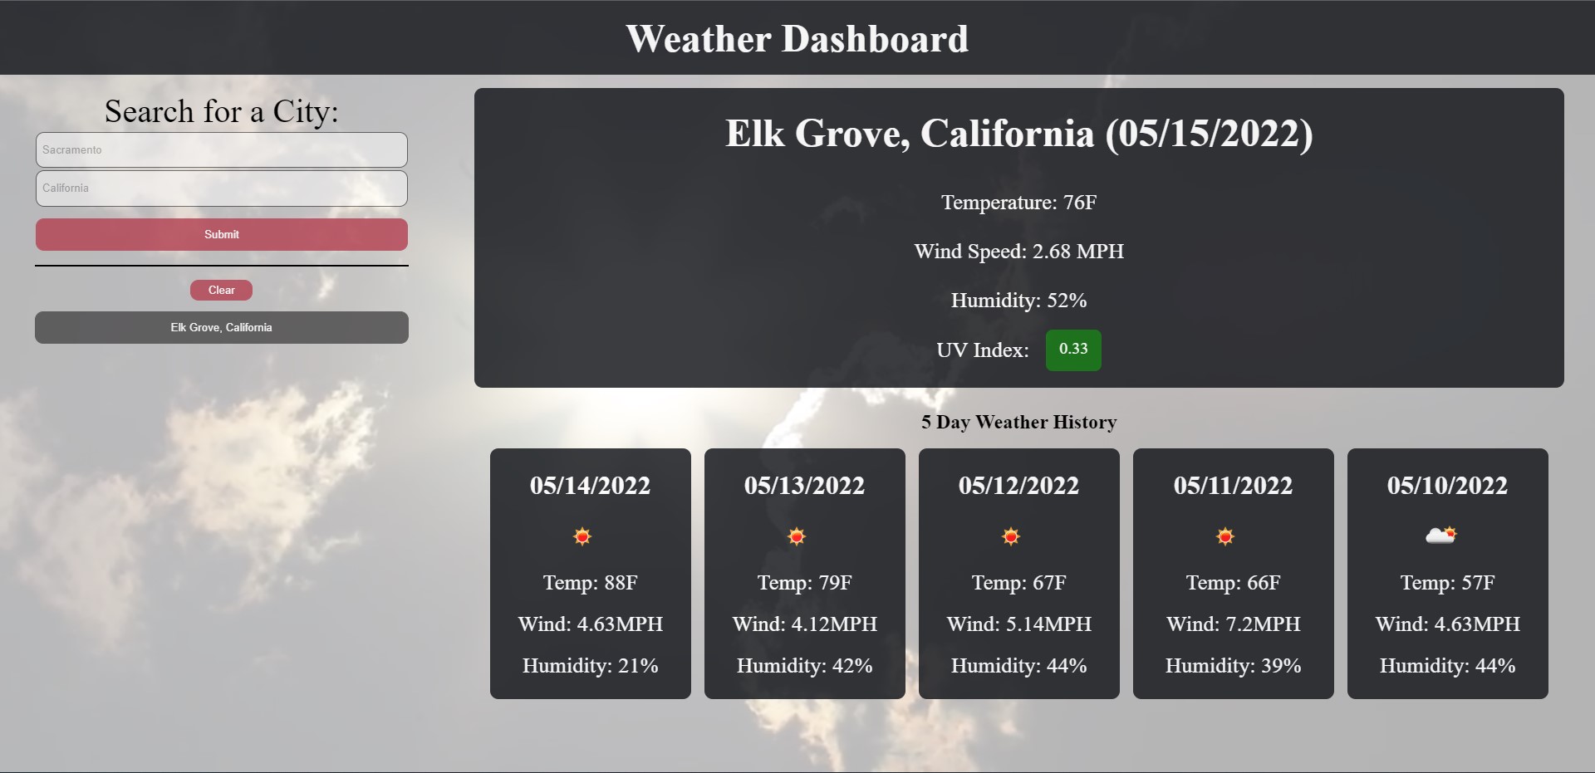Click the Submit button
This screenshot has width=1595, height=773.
pyautogui.click(x=221, y=234)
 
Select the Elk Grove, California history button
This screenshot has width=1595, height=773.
pyautogui.click(x=221, y=327)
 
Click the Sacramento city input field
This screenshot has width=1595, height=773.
pyautogui.click(x=221, y=150)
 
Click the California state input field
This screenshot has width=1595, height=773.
pyautogui.click(x=221, y=188)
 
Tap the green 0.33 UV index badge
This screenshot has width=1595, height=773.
pyautogui.click(x=1072, y=350)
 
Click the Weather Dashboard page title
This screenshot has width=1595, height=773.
pyautogui.click(x=797, y=39)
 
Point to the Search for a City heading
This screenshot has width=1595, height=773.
pyautogui.click(x=221, y=111)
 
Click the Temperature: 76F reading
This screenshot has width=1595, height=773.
pyautogui.click(x=1018, y=203)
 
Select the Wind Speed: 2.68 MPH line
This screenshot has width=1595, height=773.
pyautogui.click(x=1018, y=252)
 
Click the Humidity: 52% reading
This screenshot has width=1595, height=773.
pyautogui.click(x=1018, y=301)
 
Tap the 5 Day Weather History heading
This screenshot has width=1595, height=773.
pyautogui.click(x=1018, y=422)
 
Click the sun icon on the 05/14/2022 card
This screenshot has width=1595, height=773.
pyautogui.click(x=582, y=536)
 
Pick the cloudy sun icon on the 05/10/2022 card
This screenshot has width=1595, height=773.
pyautogui.click(x=1440, y=536)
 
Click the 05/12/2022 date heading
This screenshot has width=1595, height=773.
pyautogui.click(x=1018, y=486)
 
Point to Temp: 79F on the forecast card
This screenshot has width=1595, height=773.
pyautogui.click(x=804, y=583)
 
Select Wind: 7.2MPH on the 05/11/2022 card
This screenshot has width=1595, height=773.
pyautogui.click(x=1233, y=624)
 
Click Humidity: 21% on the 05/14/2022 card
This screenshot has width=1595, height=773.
pyautogui.click(x=590, y=666)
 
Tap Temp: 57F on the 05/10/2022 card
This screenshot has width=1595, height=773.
pyautogui.click(x=1447, y=583)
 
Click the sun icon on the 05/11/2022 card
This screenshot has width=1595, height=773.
pyautogui.click(x=1225, y=536)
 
